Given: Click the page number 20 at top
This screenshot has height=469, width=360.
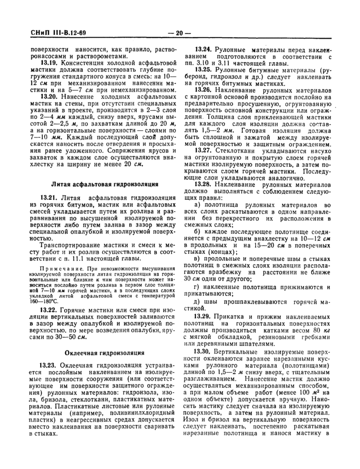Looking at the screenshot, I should (x=179, y=34).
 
